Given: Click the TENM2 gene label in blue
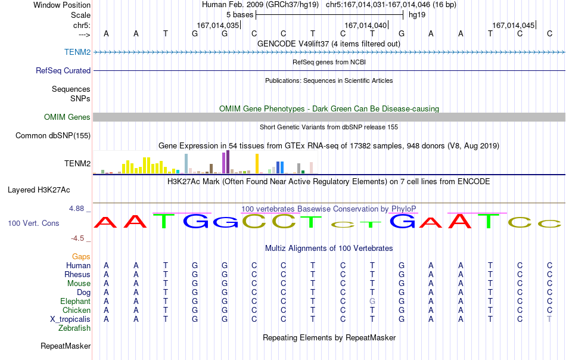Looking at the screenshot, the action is click(77, 52).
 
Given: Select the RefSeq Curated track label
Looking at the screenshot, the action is click(63, 70).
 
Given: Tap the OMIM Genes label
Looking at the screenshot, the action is click(67, 117).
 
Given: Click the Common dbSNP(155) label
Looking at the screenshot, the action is click(52, 135).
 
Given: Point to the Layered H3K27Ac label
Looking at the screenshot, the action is click(39, 190).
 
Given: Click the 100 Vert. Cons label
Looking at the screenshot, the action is click(33, 223).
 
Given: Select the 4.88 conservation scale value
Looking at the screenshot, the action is click(76, 209).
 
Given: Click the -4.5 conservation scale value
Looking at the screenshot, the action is click(77, 238).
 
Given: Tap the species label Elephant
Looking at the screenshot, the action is click(75, 301).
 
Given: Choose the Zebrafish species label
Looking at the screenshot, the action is click(74, 328).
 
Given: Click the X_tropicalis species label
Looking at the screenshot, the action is click(70, 319).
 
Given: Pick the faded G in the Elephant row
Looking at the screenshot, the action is click(372, 301).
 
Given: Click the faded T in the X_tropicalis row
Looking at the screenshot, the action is click(549, 319).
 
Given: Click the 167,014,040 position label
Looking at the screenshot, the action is click(366, 25).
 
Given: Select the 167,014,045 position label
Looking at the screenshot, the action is click(514, 25).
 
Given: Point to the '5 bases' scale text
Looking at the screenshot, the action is click(240, 15).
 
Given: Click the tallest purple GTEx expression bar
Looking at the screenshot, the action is click(228, 162).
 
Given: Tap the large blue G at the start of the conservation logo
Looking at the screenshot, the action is click(196, 221).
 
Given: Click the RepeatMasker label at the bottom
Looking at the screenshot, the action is click(66, 346).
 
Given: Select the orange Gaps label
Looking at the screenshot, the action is click(81, 256).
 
